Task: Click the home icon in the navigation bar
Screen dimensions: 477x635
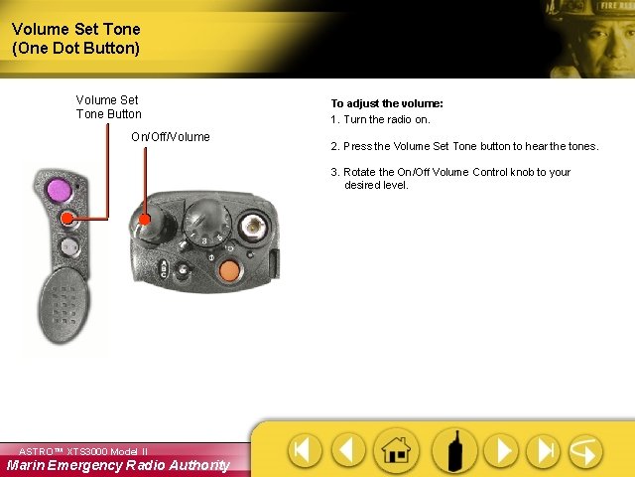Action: (x=396, y=450)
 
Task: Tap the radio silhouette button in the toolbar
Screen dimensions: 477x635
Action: (x=457, y=450)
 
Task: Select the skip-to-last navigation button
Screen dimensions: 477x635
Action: (x=543, y=450)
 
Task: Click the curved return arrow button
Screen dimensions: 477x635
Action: (x=584, y=450)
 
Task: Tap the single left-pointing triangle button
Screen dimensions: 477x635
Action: (x=347, y=450)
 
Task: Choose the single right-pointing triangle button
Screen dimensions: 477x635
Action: (x=503, y=450)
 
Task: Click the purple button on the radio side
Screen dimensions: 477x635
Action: (x=58, y=188)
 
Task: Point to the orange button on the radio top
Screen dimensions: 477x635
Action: (x=228, y=269)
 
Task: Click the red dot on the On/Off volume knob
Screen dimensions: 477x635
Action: (x=145, y=220)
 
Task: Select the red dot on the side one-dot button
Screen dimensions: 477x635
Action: (x=66, y=218)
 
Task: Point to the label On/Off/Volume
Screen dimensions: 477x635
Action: (x=171, y=137)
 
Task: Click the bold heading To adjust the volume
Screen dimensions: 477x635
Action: (x=386, y=103)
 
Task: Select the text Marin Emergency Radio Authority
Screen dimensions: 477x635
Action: (x=118, y=465)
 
